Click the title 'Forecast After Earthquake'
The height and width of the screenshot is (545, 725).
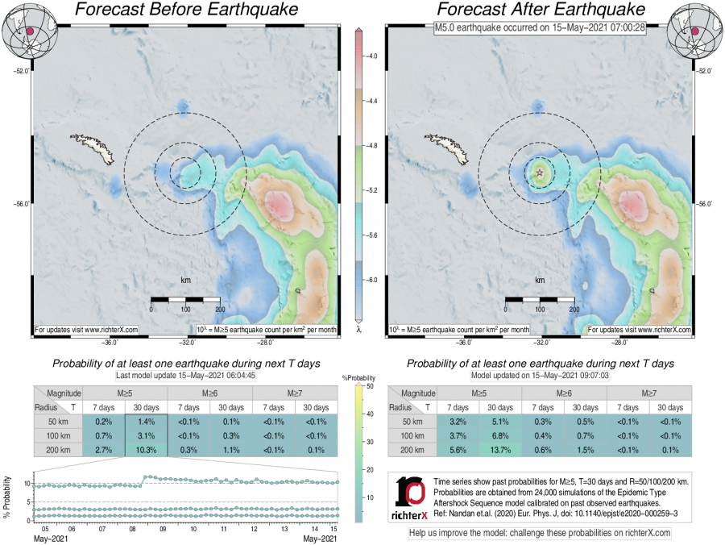click(540, 10)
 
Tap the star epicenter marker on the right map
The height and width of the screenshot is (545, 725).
click(540, 172)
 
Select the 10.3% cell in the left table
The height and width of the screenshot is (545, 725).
click(146, 451)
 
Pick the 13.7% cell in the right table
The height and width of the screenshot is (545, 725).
click(500, 451)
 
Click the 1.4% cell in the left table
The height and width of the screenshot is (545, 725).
click(146, 422)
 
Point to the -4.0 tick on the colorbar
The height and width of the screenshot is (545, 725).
click(372, 57)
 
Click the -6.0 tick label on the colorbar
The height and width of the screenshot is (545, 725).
click(372, 280)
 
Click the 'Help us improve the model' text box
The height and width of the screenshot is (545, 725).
click(540, 533)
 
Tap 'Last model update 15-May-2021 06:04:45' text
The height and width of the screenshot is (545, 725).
click(185, 377)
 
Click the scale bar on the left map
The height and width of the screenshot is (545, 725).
click(185, 300)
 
